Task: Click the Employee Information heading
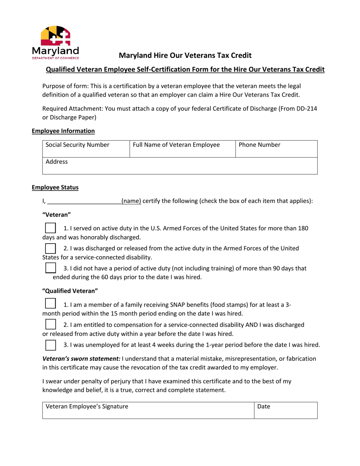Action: coord(63,131)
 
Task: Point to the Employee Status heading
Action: coord(55,187)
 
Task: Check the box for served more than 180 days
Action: coord(50,228)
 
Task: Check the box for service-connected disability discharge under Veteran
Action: coord(50,248)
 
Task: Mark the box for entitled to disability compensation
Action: coord(50,324)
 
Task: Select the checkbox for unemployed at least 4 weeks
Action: coord(50,345)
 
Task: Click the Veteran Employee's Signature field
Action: coord(148,410)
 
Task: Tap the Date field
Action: coord(285,410)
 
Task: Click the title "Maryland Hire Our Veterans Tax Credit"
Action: coord(185,56)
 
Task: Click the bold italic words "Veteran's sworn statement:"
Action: coord(81,358)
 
